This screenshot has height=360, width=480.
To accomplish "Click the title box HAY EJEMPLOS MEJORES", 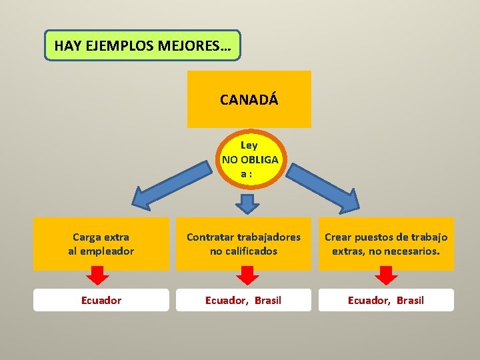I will (142, 45).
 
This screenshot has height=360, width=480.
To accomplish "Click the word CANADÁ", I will (249, 100).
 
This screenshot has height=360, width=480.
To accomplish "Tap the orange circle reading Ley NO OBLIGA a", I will (249, 159).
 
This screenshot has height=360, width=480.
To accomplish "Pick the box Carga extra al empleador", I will (101, 244).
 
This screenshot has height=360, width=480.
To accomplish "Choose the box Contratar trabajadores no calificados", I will (243, 244).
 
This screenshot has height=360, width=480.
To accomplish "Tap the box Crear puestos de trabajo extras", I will (386, 244).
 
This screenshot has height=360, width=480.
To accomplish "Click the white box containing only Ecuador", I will (101, 300).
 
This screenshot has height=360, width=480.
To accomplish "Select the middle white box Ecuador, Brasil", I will (243, 300).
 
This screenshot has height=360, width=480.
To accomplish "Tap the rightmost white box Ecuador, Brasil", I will (386, 300).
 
